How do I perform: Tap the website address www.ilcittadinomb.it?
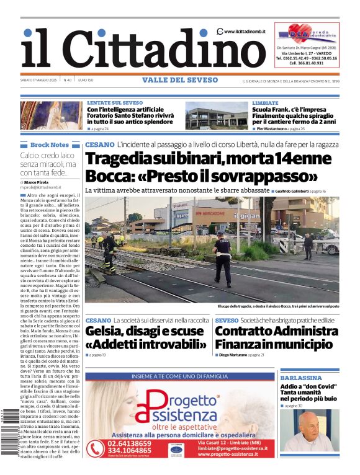point(246,32)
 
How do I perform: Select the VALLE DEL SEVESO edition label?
point(180,80)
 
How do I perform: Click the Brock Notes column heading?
point(49,144)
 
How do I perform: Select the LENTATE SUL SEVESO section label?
point(115,103)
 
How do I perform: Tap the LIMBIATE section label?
point(266,103)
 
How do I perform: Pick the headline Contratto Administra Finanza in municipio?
point(275,337)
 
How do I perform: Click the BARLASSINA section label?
point(300,378)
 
